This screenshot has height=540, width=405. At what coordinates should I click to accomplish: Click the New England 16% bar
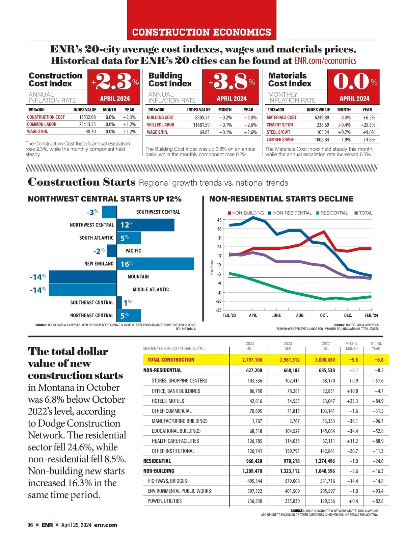[x=156, y=264]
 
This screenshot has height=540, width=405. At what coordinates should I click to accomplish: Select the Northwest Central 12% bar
[x=146, y=225]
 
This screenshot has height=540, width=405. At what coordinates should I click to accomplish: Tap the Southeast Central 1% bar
[x=119, y=302]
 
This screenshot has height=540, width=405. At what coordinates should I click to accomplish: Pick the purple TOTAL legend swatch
[x=356, y=213]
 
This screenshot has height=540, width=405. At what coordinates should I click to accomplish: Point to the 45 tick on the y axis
[x=219, y=220]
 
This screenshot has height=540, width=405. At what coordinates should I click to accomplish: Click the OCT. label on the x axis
[x=324, y=315]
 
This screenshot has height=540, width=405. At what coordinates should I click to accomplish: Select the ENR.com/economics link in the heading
[x=325, y=61]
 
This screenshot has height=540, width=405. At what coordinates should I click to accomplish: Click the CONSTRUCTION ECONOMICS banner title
[x=202, y=32]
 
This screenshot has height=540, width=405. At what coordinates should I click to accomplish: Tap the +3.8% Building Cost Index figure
[x=232, y=81]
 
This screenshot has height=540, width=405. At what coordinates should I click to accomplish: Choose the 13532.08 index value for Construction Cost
[x=87, y=117]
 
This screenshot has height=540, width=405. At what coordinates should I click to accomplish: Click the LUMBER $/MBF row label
[x=280, y=139]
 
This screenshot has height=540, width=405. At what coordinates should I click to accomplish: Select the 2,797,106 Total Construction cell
[x=252, y=360]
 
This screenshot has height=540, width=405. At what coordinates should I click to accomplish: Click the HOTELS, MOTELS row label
[x=168, y=401]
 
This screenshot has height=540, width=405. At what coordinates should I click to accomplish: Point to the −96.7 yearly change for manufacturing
[x=377, y=421]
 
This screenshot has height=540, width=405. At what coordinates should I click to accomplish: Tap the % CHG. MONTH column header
[x=352, y=346]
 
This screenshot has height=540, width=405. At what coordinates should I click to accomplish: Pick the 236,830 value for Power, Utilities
[x=254, y=501]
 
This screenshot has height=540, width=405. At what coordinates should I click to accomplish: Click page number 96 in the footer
[x=30, y=525]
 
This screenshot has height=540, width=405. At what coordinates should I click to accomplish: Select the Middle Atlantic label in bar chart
[x=151, y=290]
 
